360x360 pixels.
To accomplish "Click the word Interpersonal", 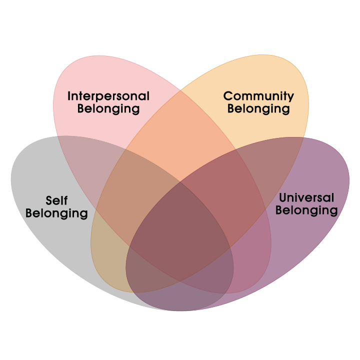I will click(108, 95).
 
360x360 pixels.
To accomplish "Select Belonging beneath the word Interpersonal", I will click(108, 108).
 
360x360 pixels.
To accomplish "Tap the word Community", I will click(258, 95).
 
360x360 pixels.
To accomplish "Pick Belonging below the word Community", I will click(258, 108).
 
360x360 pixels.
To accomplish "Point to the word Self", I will click(56, 200).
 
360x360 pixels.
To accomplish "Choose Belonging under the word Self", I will click(56, 213).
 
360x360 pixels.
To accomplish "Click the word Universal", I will click(306, 197).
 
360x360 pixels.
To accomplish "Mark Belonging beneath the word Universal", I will click(306, 210).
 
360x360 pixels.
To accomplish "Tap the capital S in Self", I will click(49, 200).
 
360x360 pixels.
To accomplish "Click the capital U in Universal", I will click(283, 197).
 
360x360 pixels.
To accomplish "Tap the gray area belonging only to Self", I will click(40, 235).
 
